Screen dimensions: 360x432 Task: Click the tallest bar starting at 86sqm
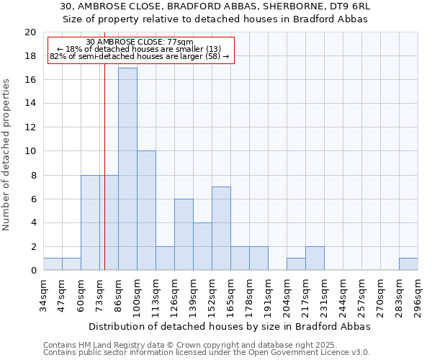pos(127,168)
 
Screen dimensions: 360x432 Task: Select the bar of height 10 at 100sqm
pos(146,210)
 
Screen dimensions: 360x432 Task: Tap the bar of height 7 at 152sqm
pos(221,228)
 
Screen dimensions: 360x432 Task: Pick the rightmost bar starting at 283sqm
pos(408,264)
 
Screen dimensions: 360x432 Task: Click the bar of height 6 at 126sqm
pos(184,234)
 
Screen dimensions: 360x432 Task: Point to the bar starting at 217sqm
pos(315,258)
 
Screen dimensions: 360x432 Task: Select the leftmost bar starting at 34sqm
pos(53,264)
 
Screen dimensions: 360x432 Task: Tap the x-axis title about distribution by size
pos(229,326)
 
